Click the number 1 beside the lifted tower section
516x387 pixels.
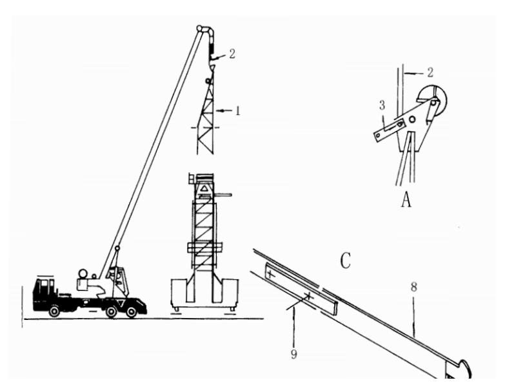238,111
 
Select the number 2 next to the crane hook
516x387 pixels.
232,54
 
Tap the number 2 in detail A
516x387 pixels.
430,72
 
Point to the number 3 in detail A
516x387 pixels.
382,105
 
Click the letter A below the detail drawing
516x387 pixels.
406,199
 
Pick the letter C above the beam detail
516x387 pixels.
345,261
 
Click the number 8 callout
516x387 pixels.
413,287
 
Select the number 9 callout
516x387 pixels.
293,354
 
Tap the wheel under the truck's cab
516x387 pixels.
54,311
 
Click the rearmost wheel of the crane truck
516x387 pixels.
132,312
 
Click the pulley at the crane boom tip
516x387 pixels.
199,28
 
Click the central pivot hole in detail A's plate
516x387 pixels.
412,119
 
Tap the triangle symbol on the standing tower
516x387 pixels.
204,188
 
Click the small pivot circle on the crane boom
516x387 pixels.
117,248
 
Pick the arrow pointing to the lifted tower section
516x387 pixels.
224,111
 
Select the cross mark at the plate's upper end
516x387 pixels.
270,273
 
